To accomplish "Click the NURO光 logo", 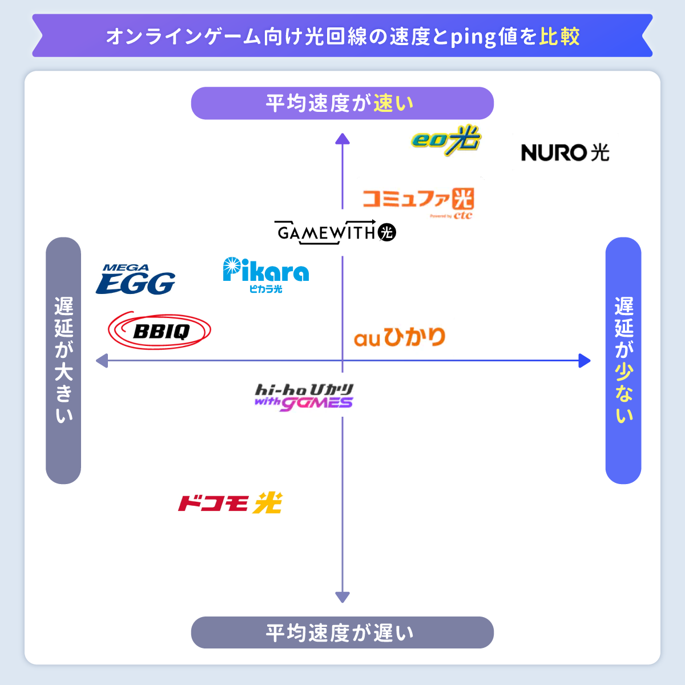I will click(565, 152).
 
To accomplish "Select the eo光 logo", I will click(446, 140).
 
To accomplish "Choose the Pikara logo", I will click(265, 274).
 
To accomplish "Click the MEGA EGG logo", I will click(135, 280).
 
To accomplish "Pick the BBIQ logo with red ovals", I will click(160, 331).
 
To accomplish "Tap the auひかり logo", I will click(400, 337).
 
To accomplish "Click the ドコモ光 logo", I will click(230, 503).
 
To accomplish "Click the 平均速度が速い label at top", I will click(342, 103).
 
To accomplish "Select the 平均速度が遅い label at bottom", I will click(342, 632).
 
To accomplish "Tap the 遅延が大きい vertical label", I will click(63, 360).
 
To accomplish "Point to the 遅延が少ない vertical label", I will click(623, 360).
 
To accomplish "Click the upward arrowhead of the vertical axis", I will click(342, 138).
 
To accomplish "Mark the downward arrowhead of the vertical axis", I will click(342, 597).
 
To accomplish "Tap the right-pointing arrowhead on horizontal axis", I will click(585, 361).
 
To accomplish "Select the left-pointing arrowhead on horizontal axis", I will click(102, 361).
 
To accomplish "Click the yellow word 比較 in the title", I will click(559, 37).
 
